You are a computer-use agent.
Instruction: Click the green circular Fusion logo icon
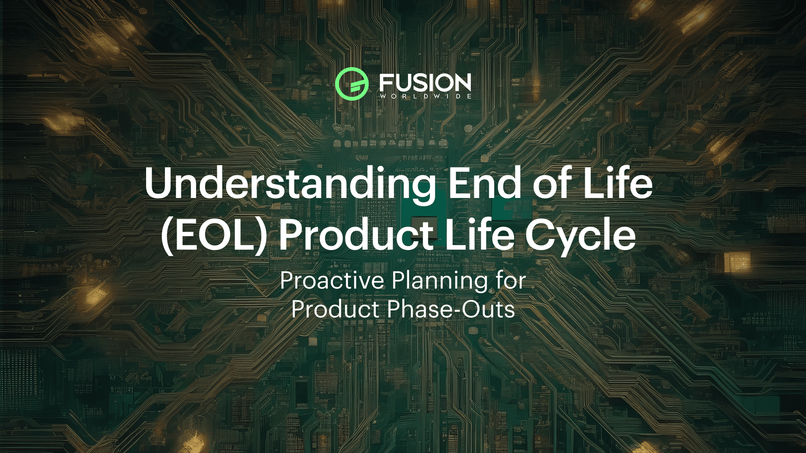352,84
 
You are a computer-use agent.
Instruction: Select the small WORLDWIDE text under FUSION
425,96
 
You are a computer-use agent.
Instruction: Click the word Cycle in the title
581,237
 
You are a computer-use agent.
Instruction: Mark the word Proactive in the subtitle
332,280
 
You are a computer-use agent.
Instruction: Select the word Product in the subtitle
335,310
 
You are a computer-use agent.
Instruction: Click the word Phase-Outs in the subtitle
451,310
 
